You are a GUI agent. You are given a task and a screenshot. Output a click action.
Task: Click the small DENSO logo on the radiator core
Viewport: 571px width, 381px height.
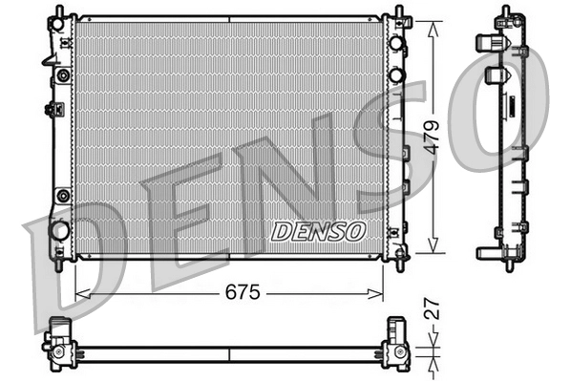pyautogui.click(x=318, y=230)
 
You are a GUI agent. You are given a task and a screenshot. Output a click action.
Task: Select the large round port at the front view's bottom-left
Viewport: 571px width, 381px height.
pyautogui.click(x=59, y=230)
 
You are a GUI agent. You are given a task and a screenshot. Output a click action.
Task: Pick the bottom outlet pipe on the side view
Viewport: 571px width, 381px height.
pyautogui.click(x=483, y=252)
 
